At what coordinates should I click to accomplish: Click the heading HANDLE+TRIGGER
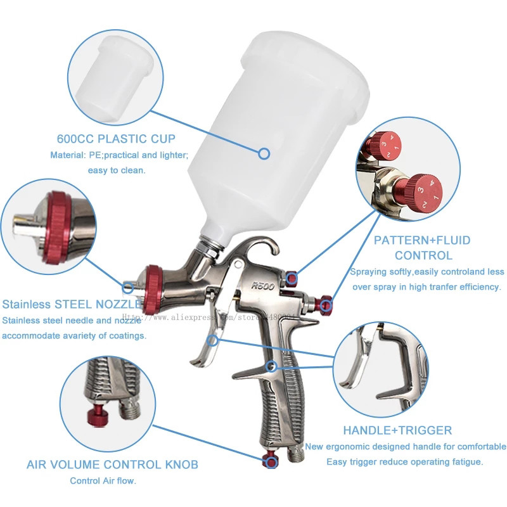[397, 430]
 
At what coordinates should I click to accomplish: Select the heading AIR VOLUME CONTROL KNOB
[112, 465]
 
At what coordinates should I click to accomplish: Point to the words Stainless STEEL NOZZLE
[72, 304]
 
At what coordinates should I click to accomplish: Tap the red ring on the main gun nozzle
[153, 288]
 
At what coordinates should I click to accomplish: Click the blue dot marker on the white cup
[264, 151]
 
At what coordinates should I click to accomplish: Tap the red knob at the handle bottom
[267, 461]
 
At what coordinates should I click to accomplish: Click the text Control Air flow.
[103, 481]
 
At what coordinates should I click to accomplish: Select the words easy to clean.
[120, 170]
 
